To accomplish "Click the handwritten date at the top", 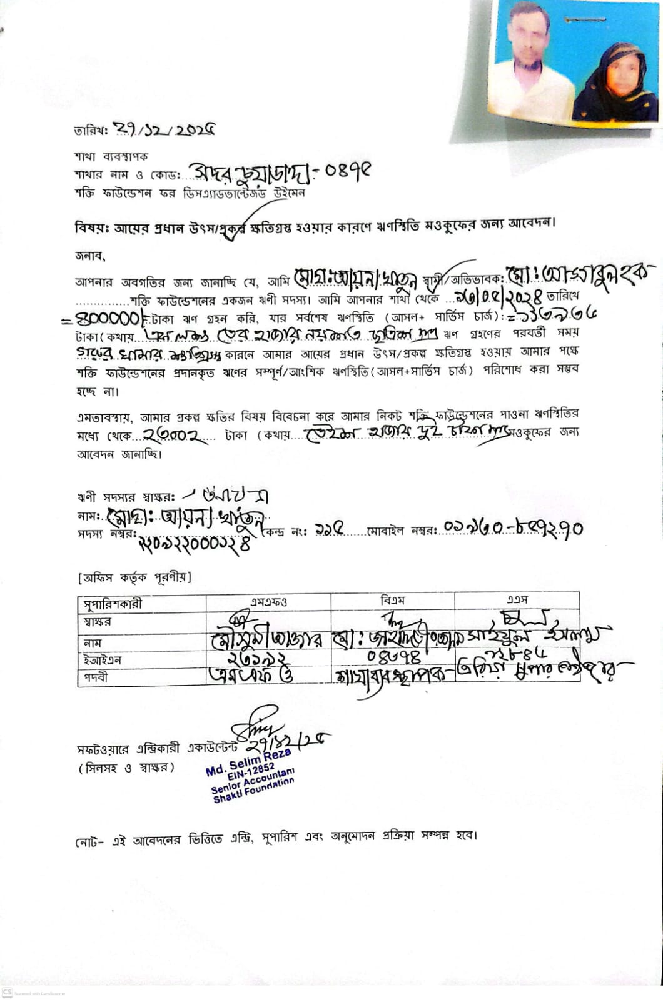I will coord(166,130).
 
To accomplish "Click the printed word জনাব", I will coord(90,255).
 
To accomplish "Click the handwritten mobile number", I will coord(513,529).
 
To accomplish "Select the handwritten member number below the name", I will coord(195,544).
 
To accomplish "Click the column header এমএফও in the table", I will coord(268,602).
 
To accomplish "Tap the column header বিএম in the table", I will coord(392,600).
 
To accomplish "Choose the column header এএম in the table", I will coord(517,599).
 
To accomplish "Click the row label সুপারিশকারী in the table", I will coord(113,604).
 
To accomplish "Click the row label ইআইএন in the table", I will coord(102,660).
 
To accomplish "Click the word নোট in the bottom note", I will coord(86,841).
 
